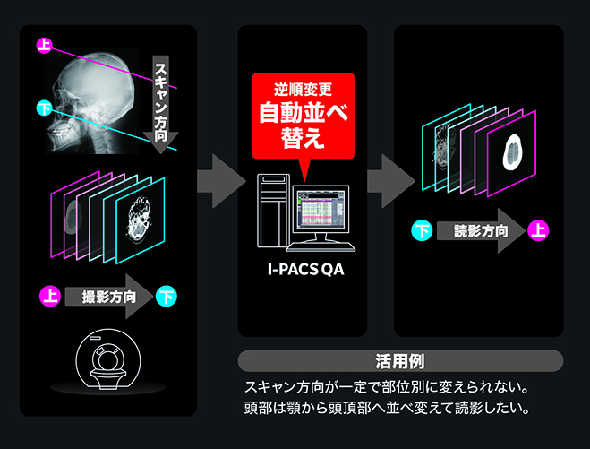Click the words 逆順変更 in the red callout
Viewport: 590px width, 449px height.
[303, 90]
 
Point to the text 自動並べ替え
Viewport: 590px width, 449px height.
[303, 125]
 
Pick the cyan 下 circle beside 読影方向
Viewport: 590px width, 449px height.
[421, 231]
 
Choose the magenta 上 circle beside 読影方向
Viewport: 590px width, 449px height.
[539, 231]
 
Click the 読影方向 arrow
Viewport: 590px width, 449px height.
[480, 231]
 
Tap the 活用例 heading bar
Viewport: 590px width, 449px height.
[400, 361]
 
